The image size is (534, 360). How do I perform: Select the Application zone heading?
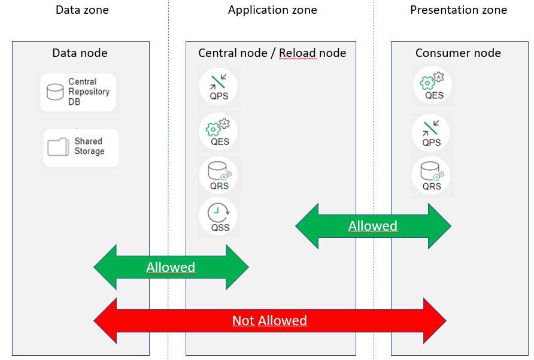point(272,10)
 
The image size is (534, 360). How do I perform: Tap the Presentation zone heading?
point(458,10)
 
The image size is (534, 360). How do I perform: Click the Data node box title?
point(80,53)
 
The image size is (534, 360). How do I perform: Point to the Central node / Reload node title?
point(272,53)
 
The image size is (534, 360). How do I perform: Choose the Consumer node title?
point(458,53)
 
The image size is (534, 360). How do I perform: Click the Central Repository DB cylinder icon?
point(55,92)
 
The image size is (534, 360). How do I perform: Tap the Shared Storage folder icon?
point(58,147)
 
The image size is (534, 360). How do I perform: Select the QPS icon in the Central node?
point(219,83)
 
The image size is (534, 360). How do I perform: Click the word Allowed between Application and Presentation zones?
point(372,226)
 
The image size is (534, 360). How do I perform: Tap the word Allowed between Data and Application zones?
point(171,267)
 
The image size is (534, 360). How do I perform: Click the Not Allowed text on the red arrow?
point(269,321)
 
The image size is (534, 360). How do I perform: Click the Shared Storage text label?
point(89,146)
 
